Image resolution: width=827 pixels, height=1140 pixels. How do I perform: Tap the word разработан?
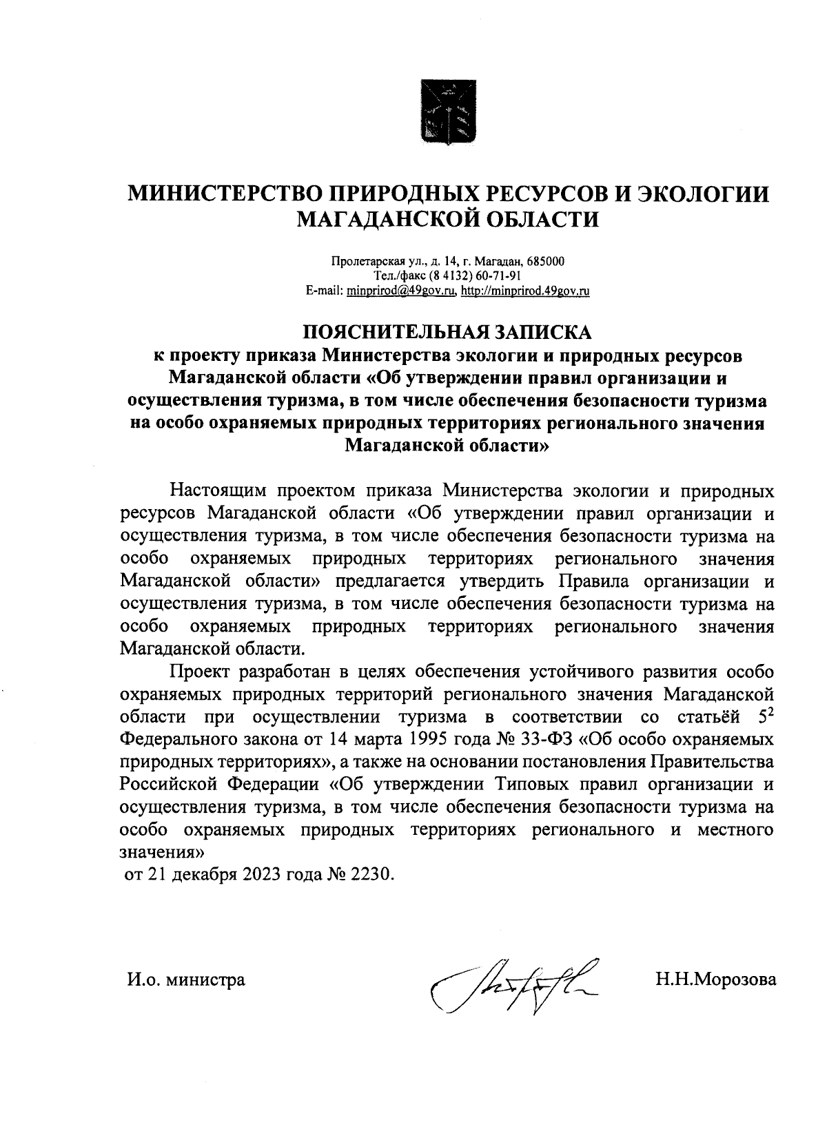281,672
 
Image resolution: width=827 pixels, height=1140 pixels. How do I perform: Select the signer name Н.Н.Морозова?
715,979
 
